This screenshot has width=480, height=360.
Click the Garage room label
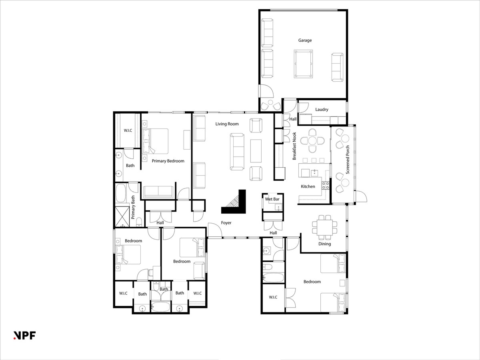coord(305,40)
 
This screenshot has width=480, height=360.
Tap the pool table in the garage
coord(303,64)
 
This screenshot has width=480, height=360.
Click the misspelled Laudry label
coord(322,109)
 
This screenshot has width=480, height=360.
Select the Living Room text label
coord(227,124)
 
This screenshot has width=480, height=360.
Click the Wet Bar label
coord(272,199)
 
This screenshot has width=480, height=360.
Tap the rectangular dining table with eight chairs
coord(324,227)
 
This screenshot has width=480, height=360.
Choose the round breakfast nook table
coord(312,141)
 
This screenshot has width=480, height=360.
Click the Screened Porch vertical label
coord(348,160)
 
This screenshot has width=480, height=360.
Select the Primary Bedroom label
coord(168,161)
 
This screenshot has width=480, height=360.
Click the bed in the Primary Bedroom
coord(155,141)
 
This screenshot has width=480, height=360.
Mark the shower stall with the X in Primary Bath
coord(122,216)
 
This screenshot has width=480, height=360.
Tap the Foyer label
coord(226,223)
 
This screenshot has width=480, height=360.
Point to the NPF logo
coord(24,335)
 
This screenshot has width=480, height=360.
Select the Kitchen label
coord(308,186)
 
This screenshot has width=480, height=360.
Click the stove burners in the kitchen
coord(325,186)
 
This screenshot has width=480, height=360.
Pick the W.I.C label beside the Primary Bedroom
coord(128,130)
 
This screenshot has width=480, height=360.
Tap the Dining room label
coord(324,244)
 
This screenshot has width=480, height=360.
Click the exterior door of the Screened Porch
coord(361,197)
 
